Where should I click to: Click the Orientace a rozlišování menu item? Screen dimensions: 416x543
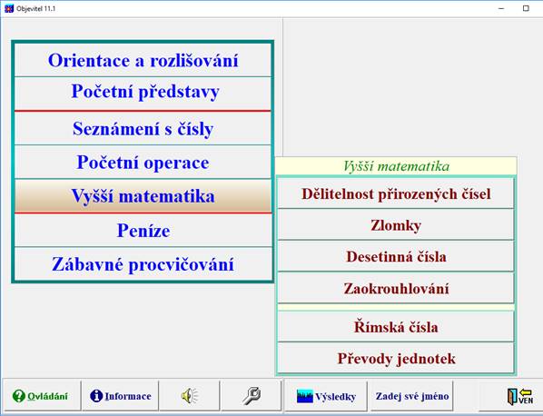click(143, 61)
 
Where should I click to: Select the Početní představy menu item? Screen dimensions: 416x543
click(143, 92)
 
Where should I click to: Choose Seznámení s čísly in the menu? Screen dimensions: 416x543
click(143, 129)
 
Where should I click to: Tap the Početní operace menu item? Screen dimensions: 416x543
click(143, 163)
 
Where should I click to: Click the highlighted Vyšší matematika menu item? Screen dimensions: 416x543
click(143, 196)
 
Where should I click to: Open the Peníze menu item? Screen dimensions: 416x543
click(143, 231)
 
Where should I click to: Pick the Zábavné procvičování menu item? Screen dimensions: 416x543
click(143, 264)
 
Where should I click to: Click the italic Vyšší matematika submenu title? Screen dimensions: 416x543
click(396, 166)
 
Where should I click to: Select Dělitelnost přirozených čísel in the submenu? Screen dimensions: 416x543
click(396, 193)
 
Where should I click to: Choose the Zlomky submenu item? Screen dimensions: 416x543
click(396, 225)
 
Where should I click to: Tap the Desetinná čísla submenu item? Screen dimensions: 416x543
click(396, 256)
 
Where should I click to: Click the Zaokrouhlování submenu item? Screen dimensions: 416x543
click(396, 288)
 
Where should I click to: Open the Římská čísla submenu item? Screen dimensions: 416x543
click(396, 326)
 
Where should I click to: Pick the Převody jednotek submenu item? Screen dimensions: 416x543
click(396, 358)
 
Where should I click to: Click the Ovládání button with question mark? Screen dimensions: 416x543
click(40, 396)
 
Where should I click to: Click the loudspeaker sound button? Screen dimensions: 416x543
click(189, 396)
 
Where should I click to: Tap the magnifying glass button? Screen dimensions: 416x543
click(251, 396)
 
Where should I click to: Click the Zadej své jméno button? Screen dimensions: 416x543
click(411, 396)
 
